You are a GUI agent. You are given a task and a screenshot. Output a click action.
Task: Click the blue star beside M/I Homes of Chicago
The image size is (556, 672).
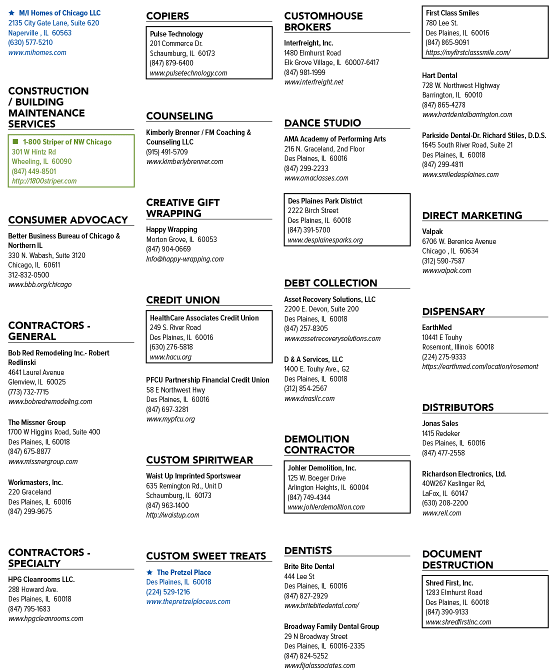point(11,13)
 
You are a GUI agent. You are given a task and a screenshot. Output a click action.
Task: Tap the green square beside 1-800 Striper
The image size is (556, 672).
point(15,141)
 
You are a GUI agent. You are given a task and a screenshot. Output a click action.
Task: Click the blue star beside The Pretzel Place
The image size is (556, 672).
point(149,572)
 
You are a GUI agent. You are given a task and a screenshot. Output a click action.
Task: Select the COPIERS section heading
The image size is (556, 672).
point(167,16)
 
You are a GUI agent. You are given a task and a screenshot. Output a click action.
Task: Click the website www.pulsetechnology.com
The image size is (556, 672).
point(188,73)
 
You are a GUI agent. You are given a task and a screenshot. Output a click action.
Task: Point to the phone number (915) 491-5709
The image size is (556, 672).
point(167,152)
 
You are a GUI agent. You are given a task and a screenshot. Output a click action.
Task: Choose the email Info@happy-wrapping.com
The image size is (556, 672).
point(185,259)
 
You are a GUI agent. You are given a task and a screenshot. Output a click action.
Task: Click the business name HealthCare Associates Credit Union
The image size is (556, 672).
point(204,318)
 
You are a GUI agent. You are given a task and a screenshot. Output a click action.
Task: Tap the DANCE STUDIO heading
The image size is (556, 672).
point(322,123)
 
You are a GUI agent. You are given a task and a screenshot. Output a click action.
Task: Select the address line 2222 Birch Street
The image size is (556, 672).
point(313,210)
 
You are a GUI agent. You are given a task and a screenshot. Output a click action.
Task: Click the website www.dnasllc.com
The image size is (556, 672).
point(309,398)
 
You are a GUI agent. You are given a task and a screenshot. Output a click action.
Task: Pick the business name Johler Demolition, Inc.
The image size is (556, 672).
point(322,468)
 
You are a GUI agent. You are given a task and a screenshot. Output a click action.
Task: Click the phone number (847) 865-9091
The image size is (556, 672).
point(447,42)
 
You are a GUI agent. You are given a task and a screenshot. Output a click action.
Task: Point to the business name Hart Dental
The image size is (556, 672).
point(439,75)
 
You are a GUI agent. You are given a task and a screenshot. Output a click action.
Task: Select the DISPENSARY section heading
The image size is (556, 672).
point(453,311)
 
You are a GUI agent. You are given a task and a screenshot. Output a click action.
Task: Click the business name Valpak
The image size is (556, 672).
point(432,231)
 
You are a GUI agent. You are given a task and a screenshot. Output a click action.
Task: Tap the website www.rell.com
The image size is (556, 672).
point(441,513)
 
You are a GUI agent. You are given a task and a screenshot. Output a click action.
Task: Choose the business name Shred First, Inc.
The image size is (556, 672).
point(449,583)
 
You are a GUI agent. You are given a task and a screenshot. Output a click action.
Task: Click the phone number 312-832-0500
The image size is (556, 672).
point(28,275)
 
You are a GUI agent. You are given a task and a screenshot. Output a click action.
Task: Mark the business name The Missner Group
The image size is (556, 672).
point(37,422)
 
